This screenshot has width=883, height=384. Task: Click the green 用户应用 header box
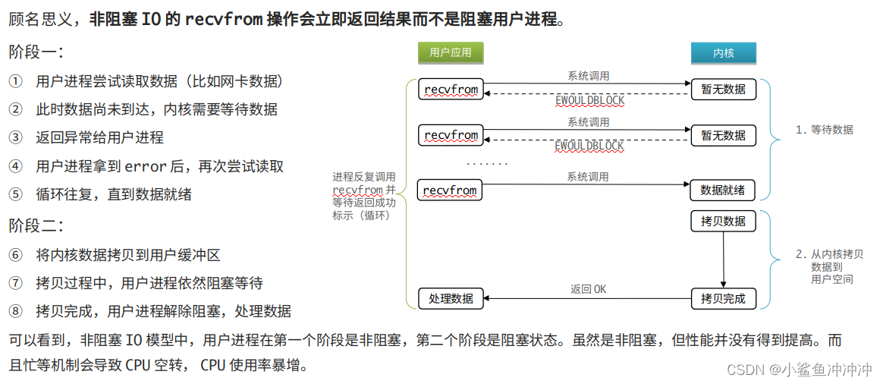[x=451, y=52]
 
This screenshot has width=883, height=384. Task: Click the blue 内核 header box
[x=723, y=52]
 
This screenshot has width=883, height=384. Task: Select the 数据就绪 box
[x=723, y=190]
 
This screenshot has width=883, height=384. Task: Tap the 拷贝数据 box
[x=723, y=222]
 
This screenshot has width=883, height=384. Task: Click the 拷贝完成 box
[x=723, y=298]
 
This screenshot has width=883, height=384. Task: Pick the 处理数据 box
[x=451, y=298]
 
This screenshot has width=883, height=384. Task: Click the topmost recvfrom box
[x=451, y=90]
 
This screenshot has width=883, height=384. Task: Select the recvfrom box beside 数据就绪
[x=451, y=190]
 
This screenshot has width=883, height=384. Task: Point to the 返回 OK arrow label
[x=588, y=289]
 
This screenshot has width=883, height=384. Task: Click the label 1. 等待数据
[x=824, y=130]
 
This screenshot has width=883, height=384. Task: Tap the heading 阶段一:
[x=36, y=52]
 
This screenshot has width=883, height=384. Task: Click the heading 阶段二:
[x=36, y=225]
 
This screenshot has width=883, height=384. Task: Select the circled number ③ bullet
[x=16, y=137]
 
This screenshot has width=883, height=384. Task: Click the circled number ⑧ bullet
[x=16, y=311]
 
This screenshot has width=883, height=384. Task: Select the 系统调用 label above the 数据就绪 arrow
[x=588, y=177]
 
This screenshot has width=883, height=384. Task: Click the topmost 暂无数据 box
[x=723, y=90]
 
